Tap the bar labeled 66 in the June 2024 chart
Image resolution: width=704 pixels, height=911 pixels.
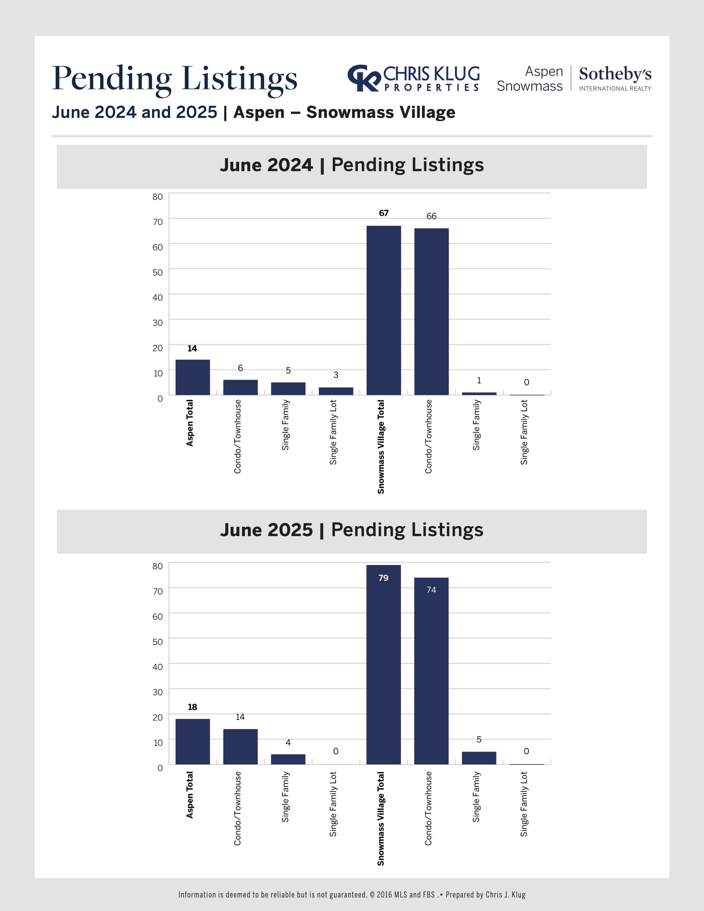[x=431, y=312]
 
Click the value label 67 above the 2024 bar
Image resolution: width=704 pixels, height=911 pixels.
[x=384, y=213]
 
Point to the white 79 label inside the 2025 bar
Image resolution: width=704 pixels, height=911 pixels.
[x=383, y=578]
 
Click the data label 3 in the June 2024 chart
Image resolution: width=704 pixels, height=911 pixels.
[x=336, y=375]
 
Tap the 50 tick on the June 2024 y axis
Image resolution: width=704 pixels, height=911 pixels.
[x=158, y=272]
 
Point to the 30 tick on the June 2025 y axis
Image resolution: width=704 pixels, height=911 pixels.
[x=158, y=692]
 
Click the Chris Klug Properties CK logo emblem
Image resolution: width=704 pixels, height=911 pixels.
[x=364, y=78]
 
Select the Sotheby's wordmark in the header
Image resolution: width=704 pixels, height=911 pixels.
[x=615, y=74]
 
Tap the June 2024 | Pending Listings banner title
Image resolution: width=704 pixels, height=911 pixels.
[x=351, y=165]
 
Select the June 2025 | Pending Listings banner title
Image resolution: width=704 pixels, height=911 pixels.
[x=351, y=530]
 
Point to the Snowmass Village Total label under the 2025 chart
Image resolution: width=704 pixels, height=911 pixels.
[x=381, y=819]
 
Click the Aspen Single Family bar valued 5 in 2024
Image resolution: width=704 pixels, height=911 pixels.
[x=288, y=388]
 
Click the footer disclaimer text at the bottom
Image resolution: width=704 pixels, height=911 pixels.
[x=351, y=894]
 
